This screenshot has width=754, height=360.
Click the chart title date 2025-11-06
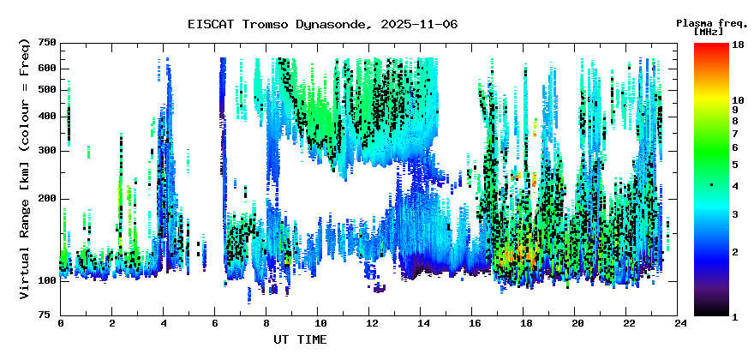click(x=419, y=24)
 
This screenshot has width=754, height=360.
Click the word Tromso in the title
click(x=265, y=24)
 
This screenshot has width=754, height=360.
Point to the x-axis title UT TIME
click(x=300, y=339)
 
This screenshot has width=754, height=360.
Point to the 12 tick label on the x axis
click(x=368, y=323)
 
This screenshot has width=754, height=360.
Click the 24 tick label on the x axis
click(x=677, y=323)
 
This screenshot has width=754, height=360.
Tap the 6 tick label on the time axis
click(x=214, y=323)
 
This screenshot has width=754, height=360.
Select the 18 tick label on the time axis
click(x=524, y=323)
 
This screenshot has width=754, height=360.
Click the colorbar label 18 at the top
click(x=738, y=45)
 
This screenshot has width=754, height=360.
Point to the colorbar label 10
click(x=738, y=100)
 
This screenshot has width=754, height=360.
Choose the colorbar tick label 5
click(x=735, y=165)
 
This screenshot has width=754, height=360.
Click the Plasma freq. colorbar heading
click(x=712, y=24)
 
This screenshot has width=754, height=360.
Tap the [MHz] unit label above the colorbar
click(x=709, y=32)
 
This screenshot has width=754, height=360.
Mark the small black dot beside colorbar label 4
click(x=712, y=185)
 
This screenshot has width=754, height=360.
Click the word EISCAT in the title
click(x=211, y=24)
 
